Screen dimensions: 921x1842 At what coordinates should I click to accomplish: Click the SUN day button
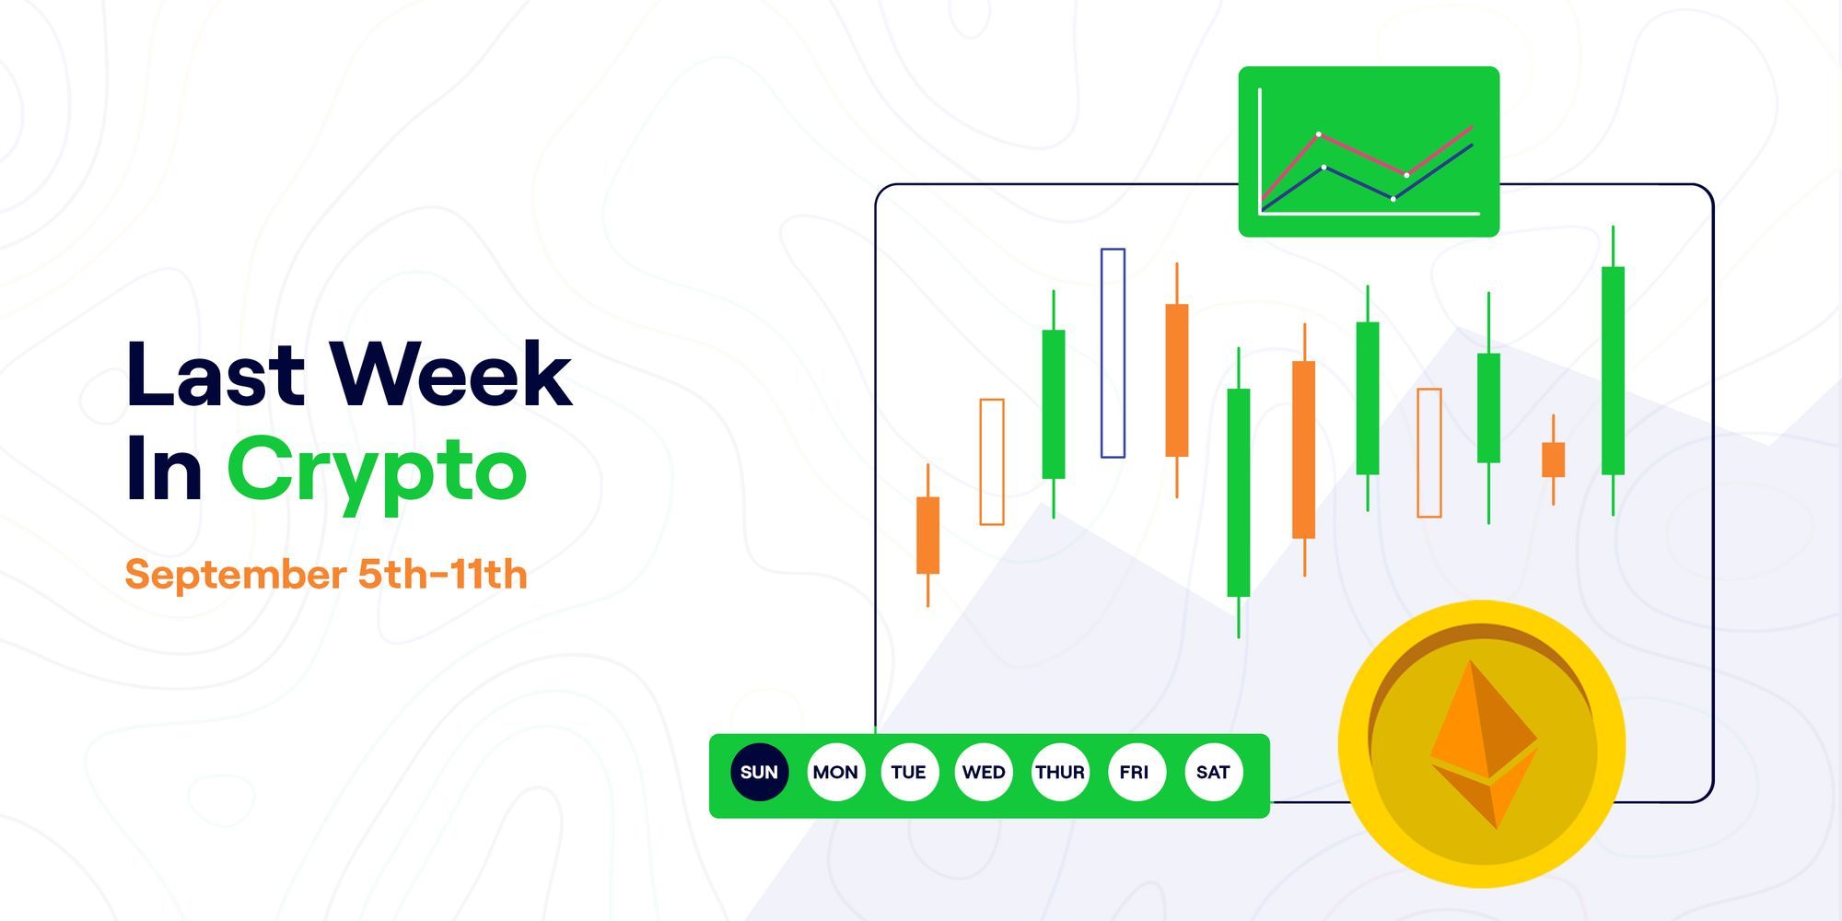pos(760,772)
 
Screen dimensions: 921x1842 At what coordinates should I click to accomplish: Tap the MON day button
pos(835,772)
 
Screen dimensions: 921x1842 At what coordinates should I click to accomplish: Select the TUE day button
pos(909,772)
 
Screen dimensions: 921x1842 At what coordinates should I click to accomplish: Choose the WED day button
pos(984,772)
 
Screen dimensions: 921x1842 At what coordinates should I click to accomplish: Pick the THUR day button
pos(1060,772)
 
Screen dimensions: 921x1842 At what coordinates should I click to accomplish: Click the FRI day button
pos(1135,772)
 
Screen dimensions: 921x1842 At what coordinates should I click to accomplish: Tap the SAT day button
pos(1213,772)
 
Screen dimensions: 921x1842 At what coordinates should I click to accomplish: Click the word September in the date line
pos(236,576)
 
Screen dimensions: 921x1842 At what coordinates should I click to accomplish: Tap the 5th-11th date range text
pos(442,575)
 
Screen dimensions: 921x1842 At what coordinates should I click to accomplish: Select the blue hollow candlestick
pos(1113,353)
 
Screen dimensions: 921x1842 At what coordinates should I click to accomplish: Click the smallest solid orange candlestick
pos(1553,460)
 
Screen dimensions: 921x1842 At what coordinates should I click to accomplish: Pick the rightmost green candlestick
pos(1613,370)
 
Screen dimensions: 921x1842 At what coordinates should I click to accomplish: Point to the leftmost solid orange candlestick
pos(927,535)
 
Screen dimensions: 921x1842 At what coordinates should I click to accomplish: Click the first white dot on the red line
pos(1319,134)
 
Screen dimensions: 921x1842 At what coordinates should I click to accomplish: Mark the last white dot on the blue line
pos(1393,199)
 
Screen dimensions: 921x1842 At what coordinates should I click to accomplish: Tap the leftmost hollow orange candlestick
pos(992,461)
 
